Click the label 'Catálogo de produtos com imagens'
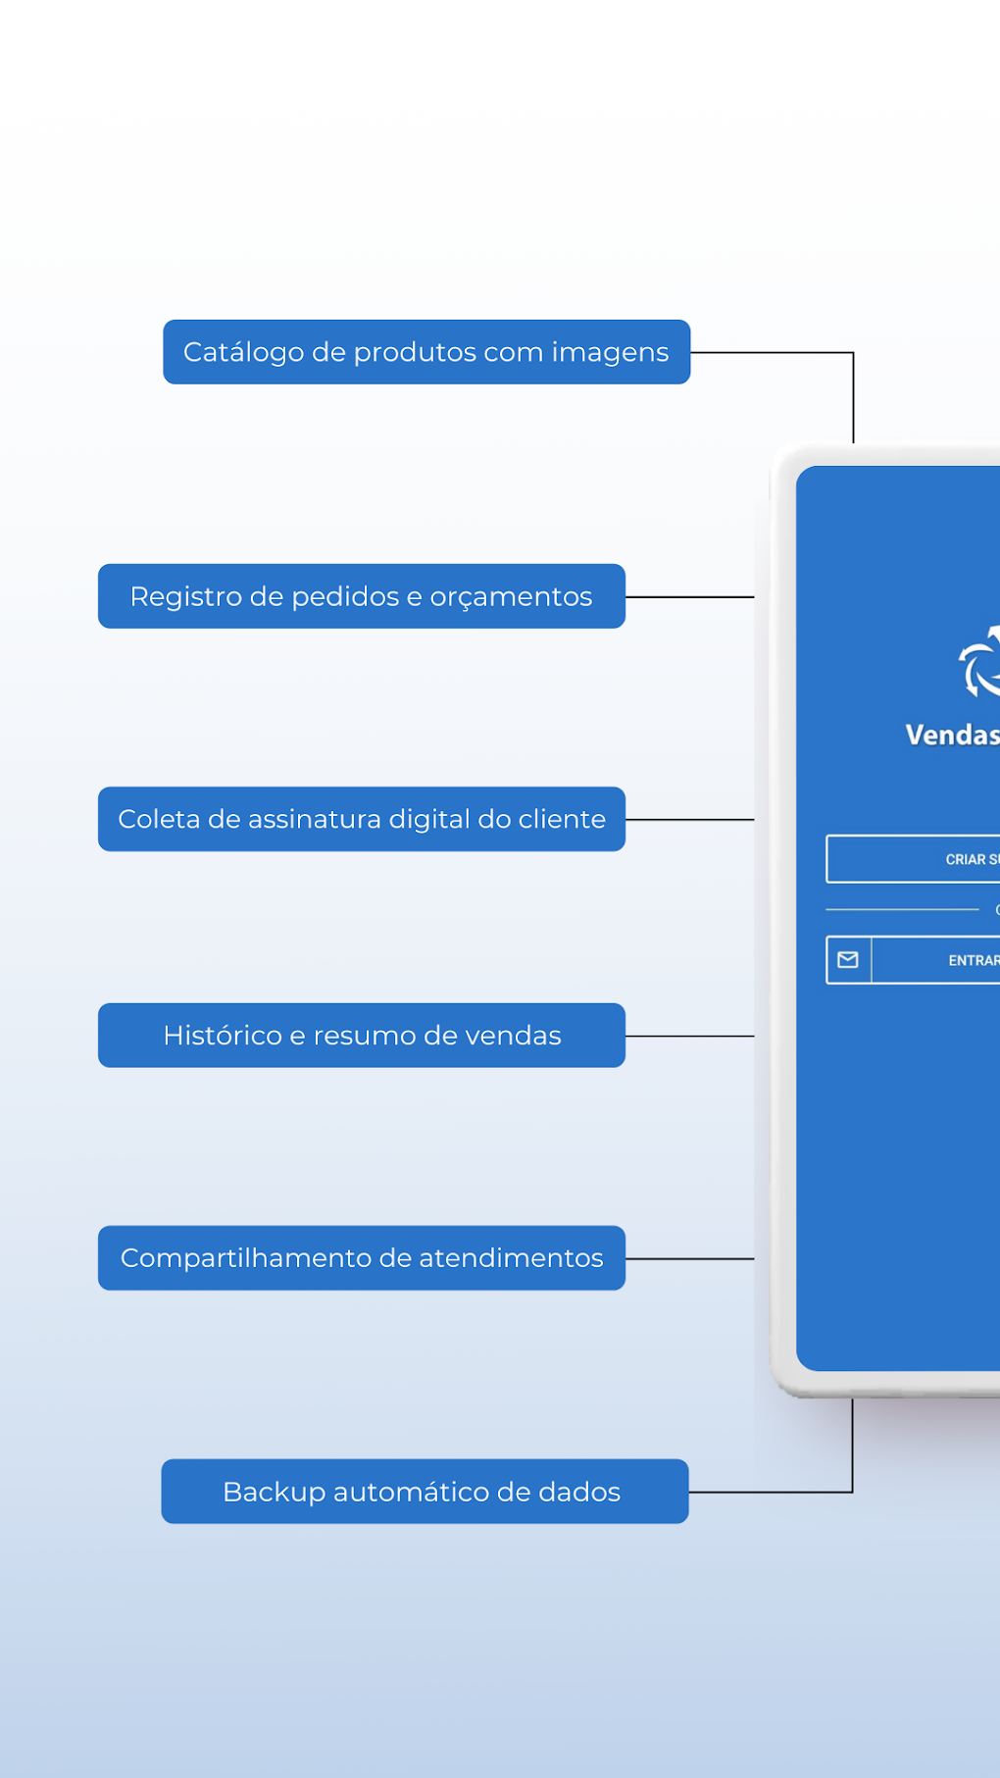coord(426,352)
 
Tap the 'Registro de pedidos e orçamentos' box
coord(361,596)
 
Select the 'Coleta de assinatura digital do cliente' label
coord(361,819)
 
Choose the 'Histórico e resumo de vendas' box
coord(361,1036)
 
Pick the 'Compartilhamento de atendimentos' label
coord(361,1258)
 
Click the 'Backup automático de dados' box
coord(425,1492)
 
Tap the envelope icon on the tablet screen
coord(848,960)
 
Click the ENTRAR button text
coord(973,960)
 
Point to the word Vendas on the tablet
coord(951,735)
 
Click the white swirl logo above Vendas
coord(979,663)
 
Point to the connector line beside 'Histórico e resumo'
coord(689,1036)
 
